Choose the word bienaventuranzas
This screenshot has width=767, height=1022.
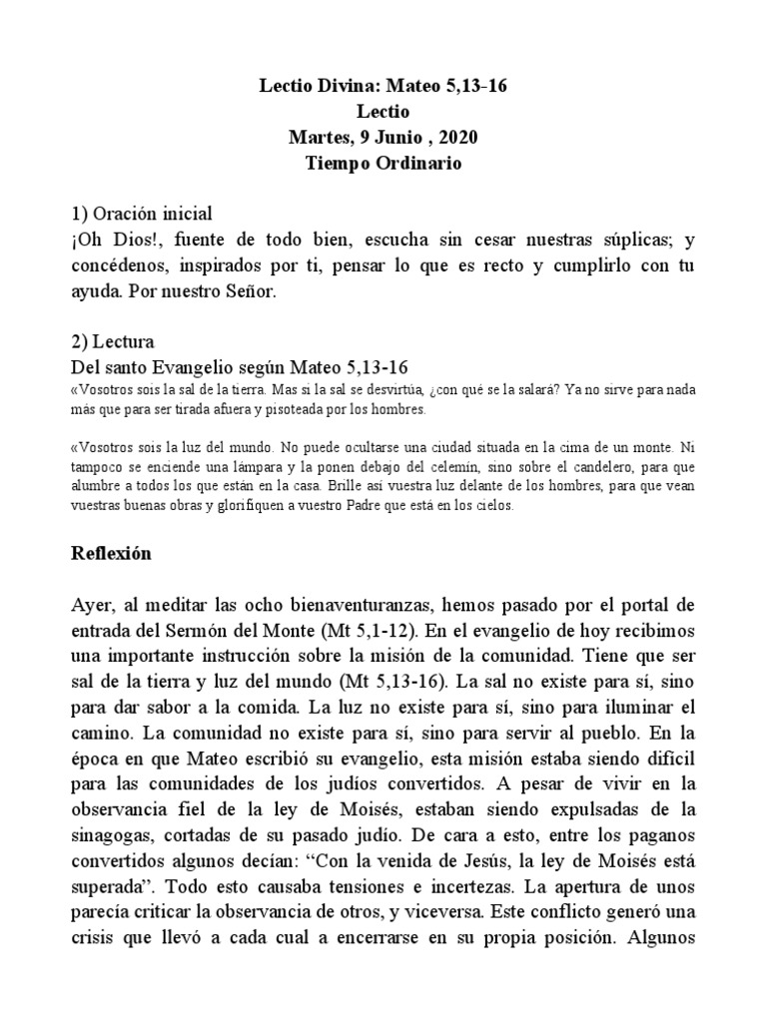click(353, 606)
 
